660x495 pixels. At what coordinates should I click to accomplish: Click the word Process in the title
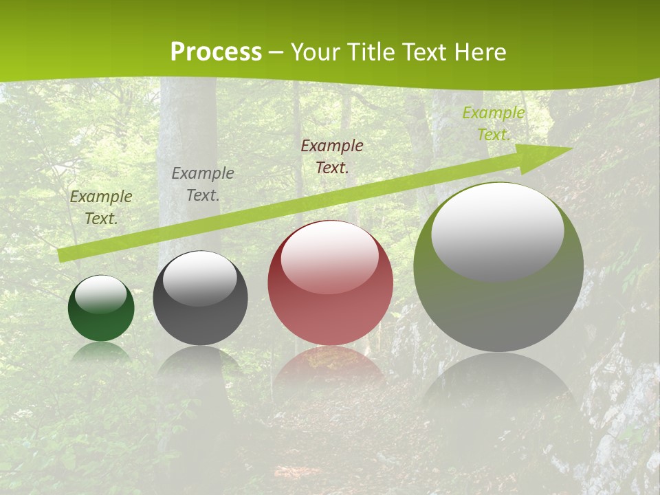(x=216, y=52)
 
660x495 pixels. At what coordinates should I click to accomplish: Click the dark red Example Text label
(x=332, y=156)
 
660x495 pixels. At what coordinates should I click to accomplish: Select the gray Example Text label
(x=203, y=184)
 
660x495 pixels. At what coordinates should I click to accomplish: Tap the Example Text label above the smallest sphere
(x=101, y=207)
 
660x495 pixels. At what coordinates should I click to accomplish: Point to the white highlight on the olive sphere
(x=497, y=230)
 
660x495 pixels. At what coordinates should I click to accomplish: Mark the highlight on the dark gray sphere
(x=200, y=278)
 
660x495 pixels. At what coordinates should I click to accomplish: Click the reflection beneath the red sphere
(x=330, y=368)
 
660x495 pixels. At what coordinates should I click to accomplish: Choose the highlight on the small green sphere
(x=101, y=294)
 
